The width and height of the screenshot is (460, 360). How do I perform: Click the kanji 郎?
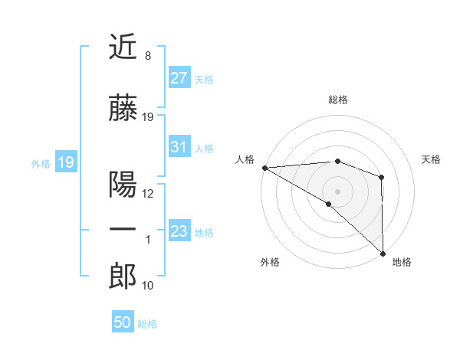click(x=123, y=277)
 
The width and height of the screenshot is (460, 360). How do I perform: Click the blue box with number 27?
click(x=179, y=77)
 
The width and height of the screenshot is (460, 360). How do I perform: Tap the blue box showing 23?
click(x=179, y=231)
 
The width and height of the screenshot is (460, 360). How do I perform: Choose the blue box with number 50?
click(x=123, y=322)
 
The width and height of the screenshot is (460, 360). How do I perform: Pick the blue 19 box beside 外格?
click(x=65, y=162)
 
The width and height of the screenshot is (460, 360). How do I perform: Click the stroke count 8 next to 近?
click(x=147, y=55)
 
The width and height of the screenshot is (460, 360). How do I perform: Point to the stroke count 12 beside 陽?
click(x=148, y=193)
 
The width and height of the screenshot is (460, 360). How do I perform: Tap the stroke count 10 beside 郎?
click(x=148, y=286)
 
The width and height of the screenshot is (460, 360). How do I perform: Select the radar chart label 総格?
click(x=338, y=100)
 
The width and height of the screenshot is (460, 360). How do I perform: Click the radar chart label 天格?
click(x=432, y=159)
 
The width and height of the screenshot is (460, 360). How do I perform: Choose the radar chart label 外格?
click(x=270, y=262)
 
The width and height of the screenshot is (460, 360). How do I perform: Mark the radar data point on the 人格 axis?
click(x=264, y=168)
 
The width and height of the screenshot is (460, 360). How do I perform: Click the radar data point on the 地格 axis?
click(x=382, y=252)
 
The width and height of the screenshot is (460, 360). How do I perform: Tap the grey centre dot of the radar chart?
click(x=337, y=191)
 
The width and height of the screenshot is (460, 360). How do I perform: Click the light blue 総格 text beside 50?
click(x=147, y=324)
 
